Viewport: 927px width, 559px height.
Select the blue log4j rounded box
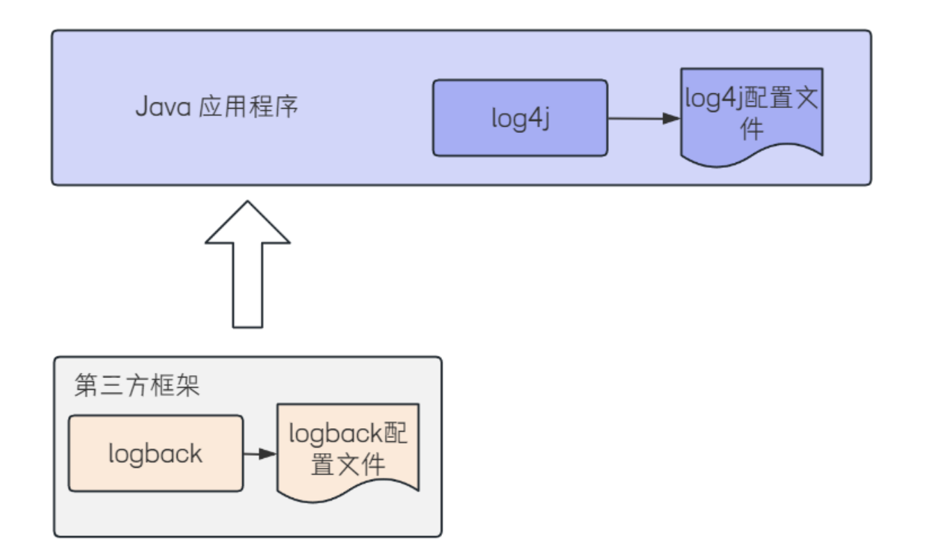tap(520, 118)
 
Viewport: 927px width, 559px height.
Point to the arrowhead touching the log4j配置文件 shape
tap(672, 118)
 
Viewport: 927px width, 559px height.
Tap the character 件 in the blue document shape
tap(752, 129)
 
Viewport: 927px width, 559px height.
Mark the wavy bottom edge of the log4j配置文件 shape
tap(752, 157)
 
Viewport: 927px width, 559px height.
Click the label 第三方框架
tap(137, 386)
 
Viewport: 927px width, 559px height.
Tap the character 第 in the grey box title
tap(86, 386)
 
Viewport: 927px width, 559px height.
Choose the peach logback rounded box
tap(156, 454)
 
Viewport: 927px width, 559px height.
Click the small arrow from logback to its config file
tap(259, 454)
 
